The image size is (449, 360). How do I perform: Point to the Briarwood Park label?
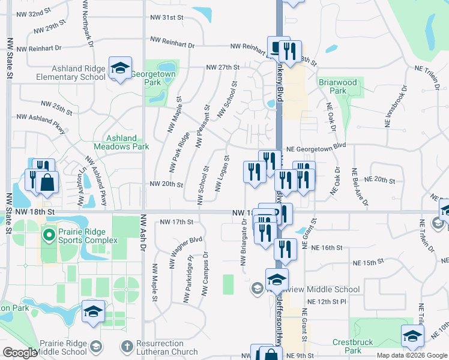338,86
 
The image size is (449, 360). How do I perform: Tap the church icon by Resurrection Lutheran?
126,347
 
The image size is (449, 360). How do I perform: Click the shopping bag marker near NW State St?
47,182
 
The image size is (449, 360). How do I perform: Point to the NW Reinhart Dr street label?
173,42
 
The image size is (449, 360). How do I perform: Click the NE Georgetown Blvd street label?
316,146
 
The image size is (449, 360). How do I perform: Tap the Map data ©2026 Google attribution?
411,355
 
